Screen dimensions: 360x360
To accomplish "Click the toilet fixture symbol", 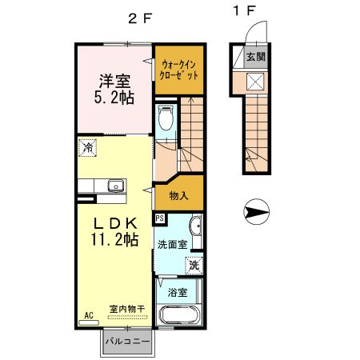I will [166, 118].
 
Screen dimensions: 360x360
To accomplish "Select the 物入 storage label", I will [179, 195].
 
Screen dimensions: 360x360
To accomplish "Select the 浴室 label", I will [178, 292].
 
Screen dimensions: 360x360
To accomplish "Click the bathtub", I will [182, 314].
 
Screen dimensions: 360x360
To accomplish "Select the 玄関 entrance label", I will [255, 56].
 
